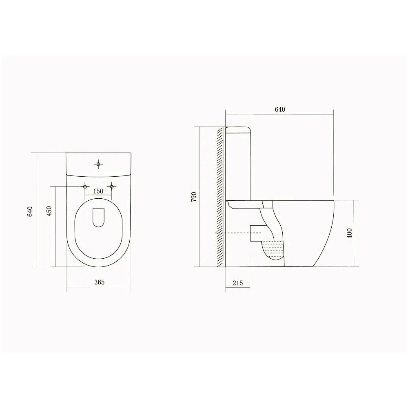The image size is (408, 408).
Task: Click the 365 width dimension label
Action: [x=99, y=282]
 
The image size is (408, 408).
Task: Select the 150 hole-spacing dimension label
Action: [x=98, y=191]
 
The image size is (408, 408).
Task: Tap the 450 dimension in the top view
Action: [x=49, y=211]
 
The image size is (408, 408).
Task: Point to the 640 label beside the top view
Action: [x=30, y=211]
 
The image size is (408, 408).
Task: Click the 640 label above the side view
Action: [x=280, y=109]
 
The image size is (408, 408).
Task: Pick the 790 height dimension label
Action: [x=194, y=197]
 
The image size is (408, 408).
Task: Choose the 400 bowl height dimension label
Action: [x=349, y=233]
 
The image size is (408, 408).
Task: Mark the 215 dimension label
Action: [x=237, y=283]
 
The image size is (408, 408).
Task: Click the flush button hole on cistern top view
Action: [x=98, y=164]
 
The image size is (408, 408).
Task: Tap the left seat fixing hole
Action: [x=85, y=186]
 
